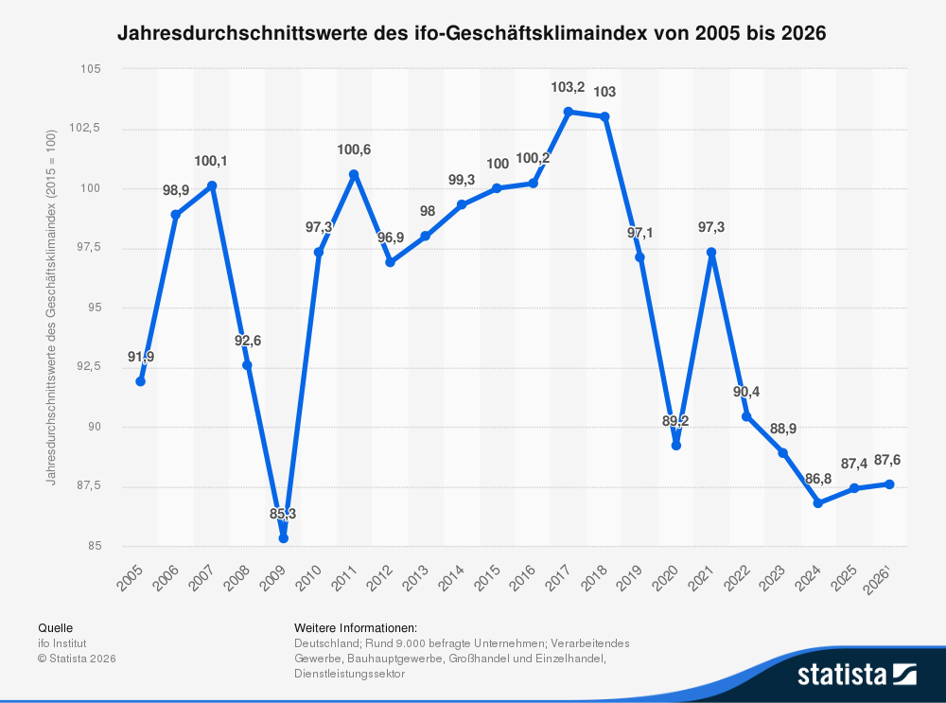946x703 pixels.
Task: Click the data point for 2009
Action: point(283,538)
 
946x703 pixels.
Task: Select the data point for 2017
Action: point(569,112)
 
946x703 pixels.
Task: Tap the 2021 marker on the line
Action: point(711,253)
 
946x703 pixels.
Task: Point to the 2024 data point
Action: point(818,503)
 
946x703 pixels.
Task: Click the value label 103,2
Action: point(568,88)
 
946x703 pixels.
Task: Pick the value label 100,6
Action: point(354,149)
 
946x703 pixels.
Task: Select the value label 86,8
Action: point(818,480)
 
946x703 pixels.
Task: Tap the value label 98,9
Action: point(176,190)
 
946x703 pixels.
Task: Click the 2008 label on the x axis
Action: point(240,577)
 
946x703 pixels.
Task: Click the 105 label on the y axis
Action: point(91,69)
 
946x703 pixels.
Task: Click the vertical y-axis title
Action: point(51,308)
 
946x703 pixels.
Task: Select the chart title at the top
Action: point(472,33)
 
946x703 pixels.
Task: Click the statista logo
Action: point(856,674)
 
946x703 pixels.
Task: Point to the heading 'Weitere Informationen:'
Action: point(356,627)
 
